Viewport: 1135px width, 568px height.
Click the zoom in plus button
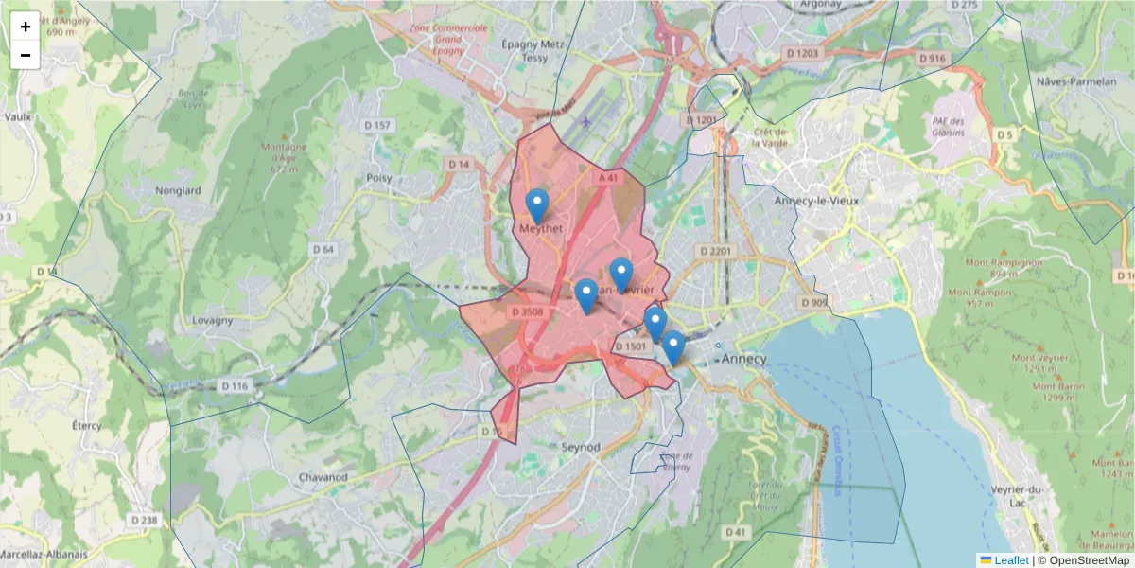coord(25,27)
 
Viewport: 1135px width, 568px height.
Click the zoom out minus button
coord(25,55)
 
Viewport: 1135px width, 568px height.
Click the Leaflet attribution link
coord(1010,560)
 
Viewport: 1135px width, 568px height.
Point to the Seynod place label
coord(581,446)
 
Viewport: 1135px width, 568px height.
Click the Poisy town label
coord(379,177)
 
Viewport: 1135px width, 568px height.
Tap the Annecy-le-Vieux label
coord(814,201)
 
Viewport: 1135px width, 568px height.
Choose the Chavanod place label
coord(323,476)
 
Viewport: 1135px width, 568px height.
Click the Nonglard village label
coord(179,190)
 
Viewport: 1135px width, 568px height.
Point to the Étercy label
coord(86,425)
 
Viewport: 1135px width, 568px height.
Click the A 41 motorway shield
coord(607,177)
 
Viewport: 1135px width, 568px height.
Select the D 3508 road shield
coord(527,311)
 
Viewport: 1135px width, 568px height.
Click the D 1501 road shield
coord(630,346)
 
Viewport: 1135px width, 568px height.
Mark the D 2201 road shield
coord(715,251)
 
